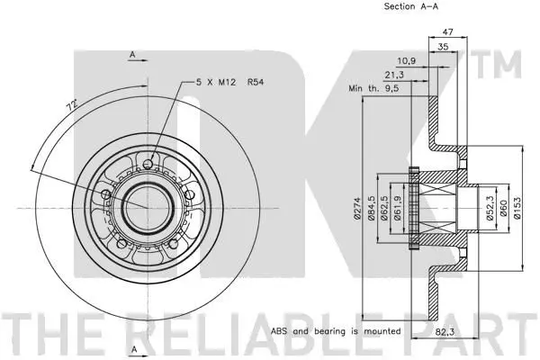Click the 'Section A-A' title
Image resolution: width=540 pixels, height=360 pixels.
coord(411,6)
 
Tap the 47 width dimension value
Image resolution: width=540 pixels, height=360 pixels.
coord(447,31)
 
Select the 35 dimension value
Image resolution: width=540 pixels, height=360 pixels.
coord(443,47)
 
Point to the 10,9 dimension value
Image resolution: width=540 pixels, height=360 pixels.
coord(407,61)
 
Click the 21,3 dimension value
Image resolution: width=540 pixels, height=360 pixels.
coord(394,75)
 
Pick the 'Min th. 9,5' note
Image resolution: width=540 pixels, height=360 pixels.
coord(373,88)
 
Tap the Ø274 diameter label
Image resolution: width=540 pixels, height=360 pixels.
coord(356,208)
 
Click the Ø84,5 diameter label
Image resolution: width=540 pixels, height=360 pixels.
coord(371,208)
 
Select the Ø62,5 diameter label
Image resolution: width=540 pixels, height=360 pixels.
coord(384,208)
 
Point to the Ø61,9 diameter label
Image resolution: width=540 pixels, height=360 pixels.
coord(398,208)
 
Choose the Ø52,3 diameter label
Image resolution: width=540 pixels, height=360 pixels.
coord(490,208)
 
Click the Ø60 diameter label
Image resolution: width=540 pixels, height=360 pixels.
coord(503,208)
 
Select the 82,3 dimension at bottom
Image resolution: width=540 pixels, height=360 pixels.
coord(445,332)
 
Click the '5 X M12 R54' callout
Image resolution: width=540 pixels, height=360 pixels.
coord(229,82)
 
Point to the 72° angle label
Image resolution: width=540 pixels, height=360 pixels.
coord(72,105)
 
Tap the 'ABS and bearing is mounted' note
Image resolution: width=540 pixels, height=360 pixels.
coord(336,331)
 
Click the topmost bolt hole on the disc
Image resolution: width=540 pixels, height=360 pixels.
coord(148,164)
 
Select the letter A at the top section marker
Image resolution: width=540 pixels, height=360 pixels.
coord(132,54)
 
